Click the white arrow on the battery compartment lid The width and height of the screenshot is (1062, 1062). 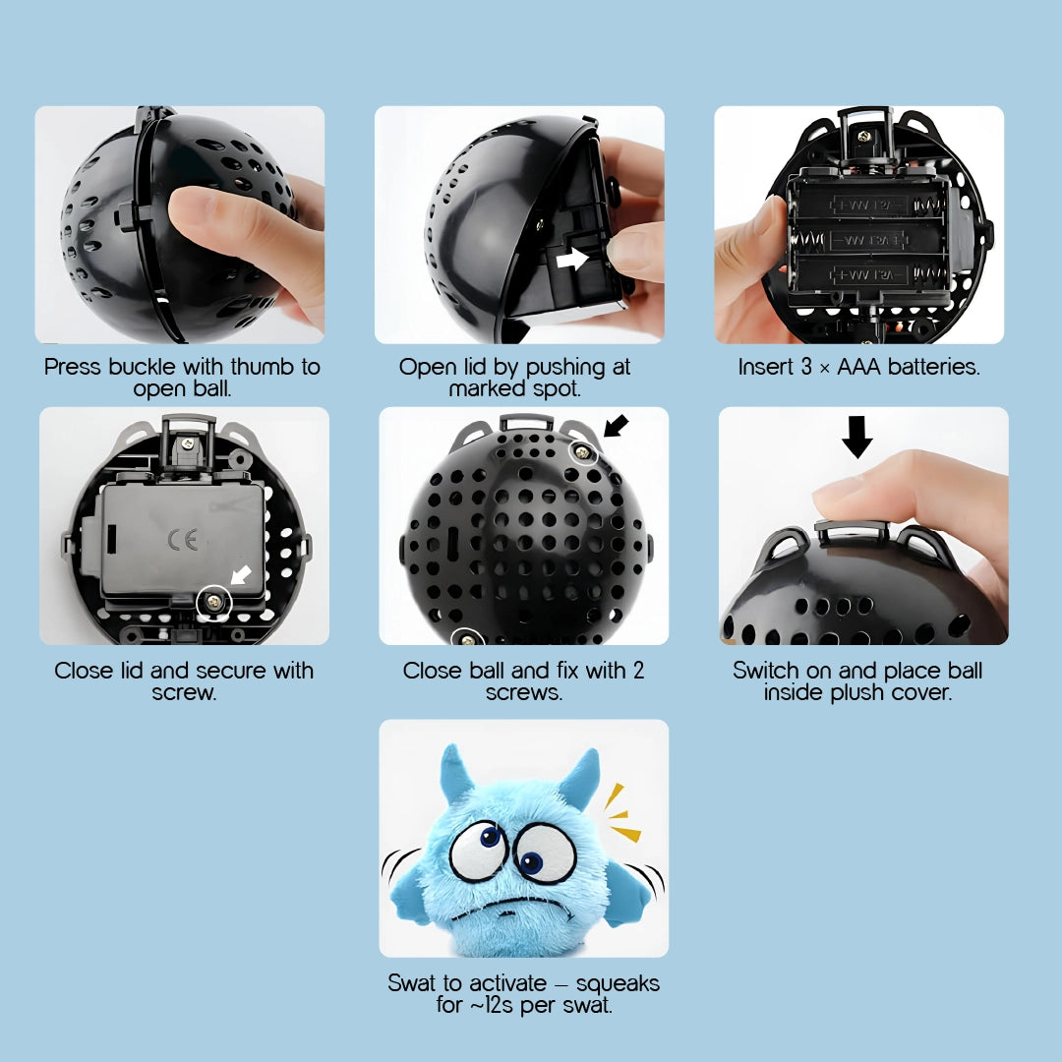tap(572, 258)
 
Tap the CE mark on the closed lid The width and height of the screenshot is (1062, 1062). tap(183, 539)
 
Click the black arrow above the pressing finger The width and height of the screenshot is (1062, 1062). tap(856, 437)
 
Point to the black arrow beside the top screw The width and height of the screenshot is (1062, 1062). tap(616, 426)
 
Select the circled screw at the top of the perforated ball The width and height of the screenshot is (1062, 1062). tap(582, 451)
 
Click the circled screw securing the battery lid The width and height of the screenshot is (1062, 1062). tap(214, 602)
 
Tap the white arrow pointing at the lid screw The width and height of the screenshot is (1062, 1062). tap(241, 575)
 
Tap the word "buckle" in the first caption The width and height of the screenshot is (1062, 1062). tap(145, 367)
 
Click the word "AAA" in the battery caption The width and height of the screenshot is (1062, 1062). tap(858, 367)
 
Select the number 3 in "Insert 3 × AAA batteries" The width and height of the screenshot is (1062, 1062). tap(806, 367)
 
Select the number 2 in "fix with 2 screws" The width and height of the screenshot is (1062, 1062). tap(638, 670)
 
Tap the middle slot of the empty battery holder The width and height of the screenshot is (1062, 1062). tap(869, 240)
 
